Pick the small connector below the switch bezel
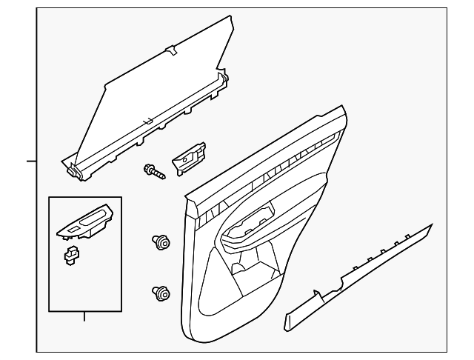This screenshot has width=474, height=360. coord(72,256)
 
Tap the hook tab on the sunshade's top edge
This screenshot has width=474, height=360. coord(171,51)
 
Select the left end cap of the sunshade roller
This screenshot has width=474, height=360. coord(72,171)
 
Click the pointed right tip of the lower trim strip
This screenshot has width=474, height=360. coord(432,224)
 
